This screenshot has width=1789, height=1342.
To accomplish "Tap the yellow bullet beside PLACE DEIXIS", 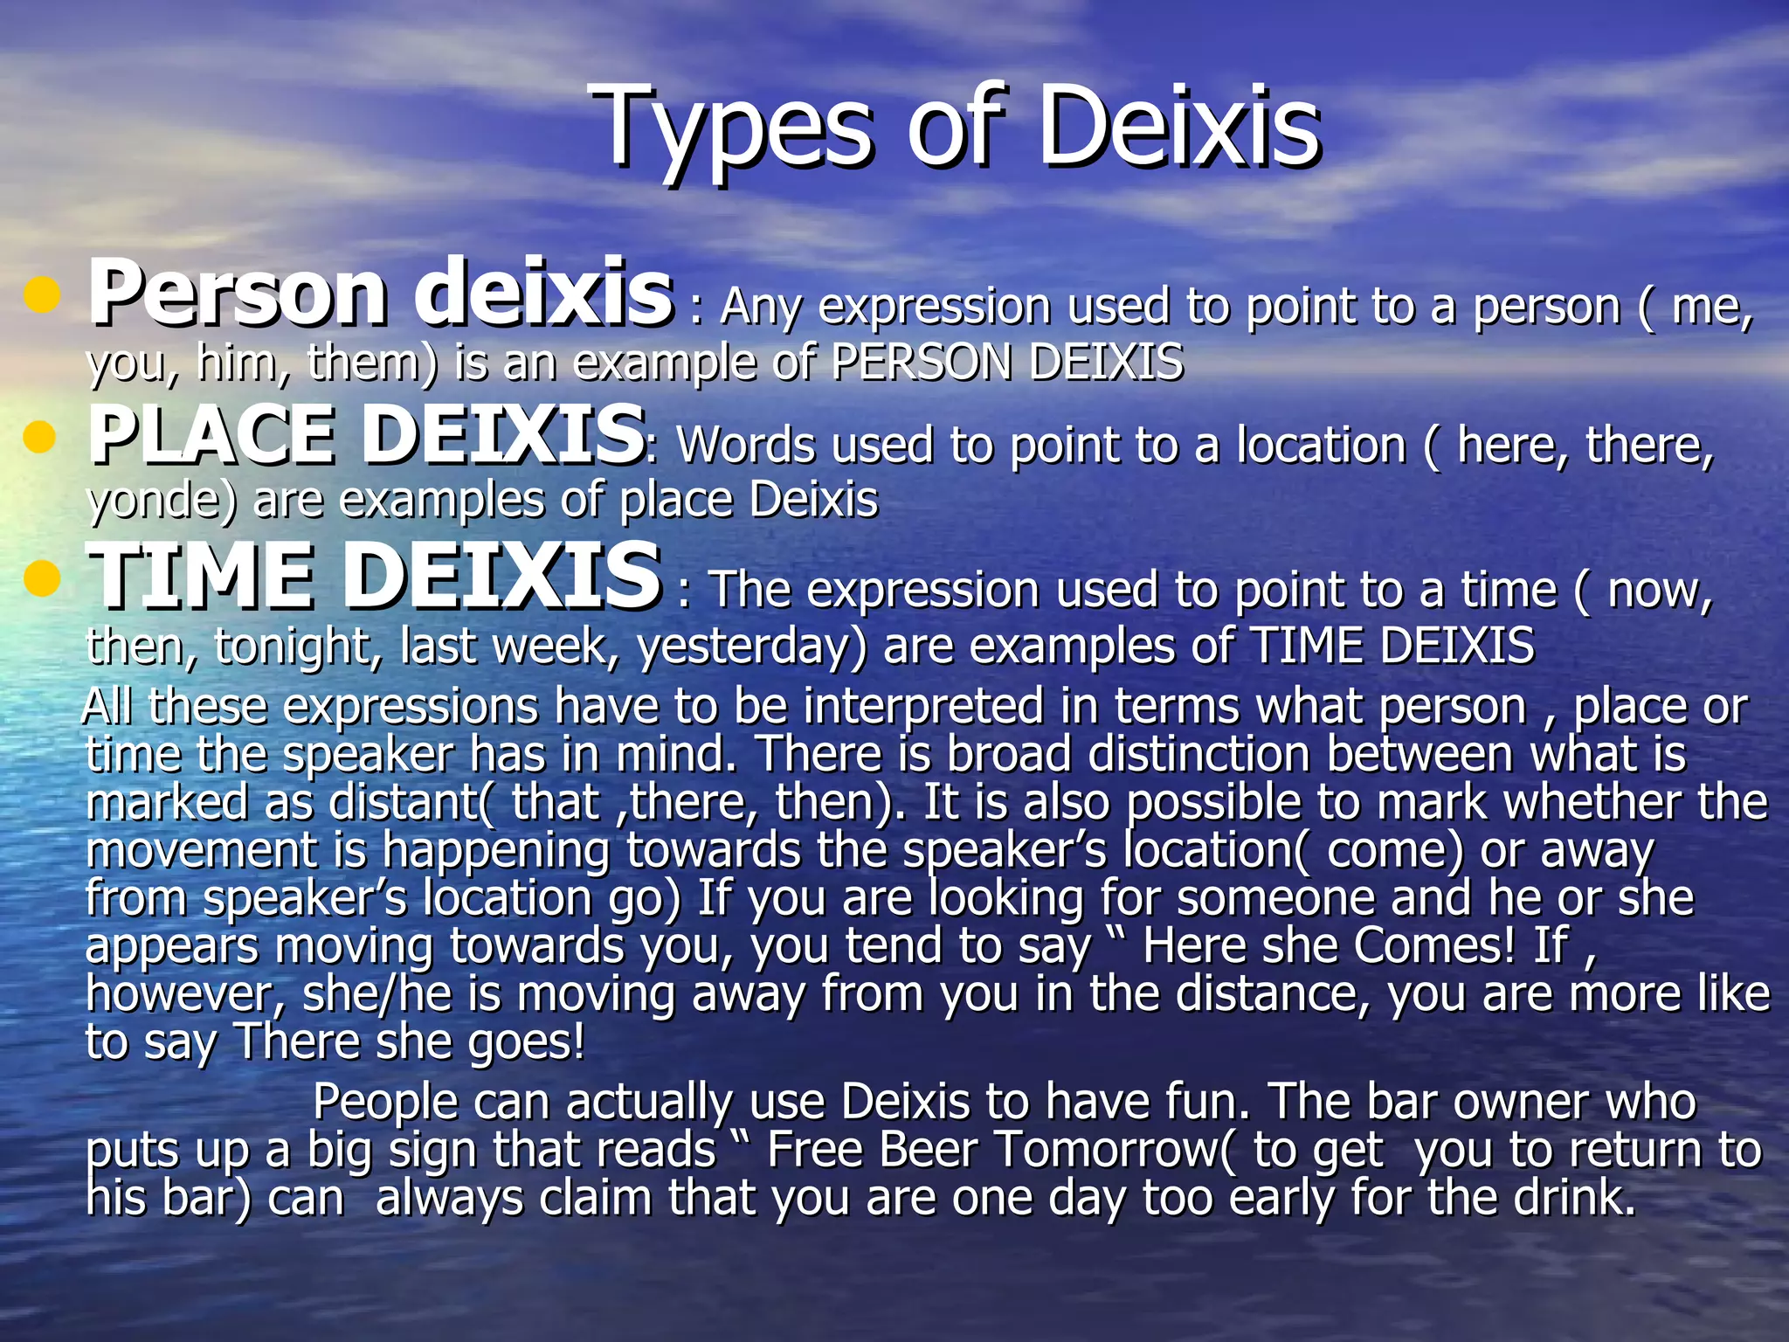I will (40, 436).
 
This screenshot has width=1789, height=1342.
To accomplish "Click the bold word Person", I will (237, 294).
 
